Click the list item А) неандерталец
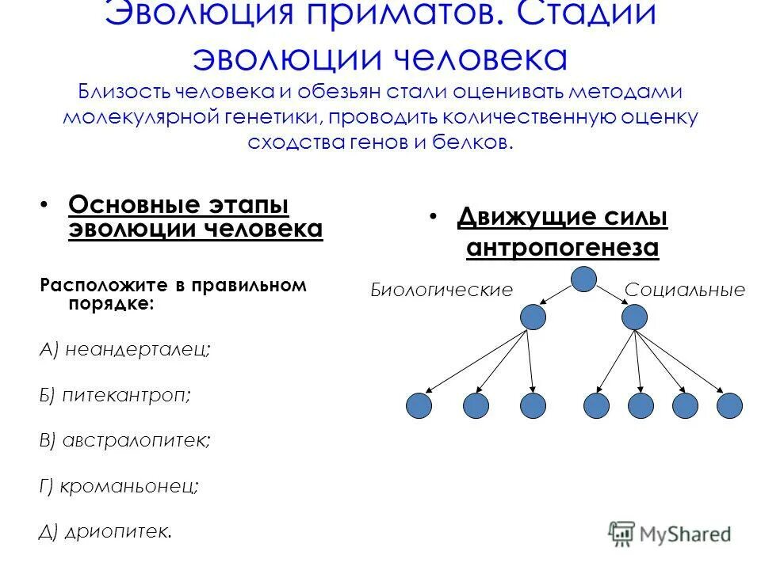point(125,349)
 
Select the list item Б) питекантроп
point(115,394)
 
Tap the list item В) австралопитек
point(125,440)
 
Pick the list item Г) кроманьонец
point(119,486)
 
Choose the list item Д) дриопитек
point(105,531)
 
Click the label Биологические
point(442,290)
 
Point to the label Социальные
point(685,290)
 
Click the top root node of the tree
point(583,279)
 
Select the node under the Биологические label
point(533,317)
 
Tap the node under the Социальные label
point(634,317)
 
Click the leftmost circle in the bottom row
point(419,405)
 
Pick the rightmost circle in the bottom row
point(729,405)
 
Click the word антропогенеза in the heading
point(563,248)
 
